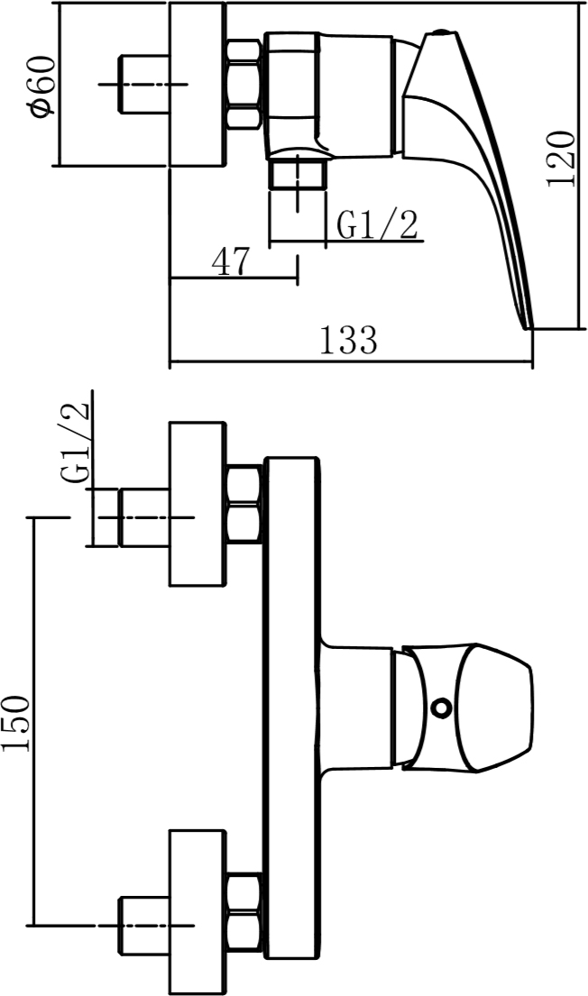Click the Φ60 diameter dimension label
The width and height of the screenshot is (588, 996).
coord(41,87)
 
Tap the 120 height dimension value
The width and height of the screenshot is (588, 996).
coord(561,160)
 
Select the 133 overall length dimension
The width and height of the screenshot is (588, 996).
coord(348,340)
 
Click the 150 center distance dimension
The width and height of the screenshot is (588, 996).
coord(16,724)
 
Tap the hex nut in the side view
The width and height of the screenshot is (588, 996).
coord(244,85)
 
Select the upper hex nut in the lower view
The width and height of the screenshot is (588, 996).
coord(244,505)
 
